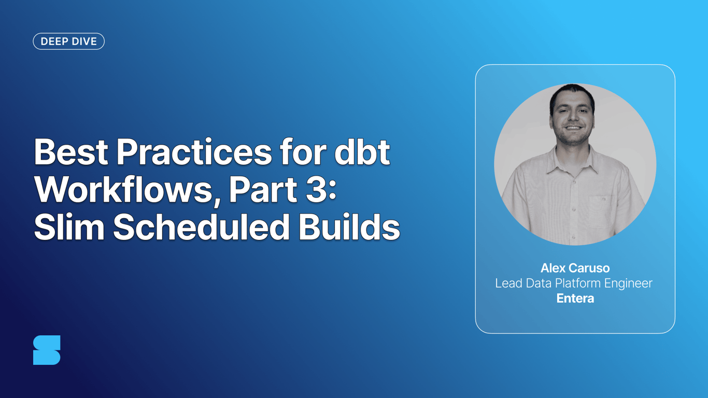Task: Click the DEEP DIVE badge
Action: point(68,41)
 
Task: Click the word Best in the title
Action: point(70,153)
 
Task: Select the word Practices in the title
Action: point(193,153)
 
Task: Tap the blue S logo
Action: point(47,350)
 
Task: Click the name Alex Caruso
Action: point(575,268)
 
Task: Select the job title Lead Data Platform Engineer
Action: point(574,283)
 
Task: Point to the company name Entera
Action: point(575,298)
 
